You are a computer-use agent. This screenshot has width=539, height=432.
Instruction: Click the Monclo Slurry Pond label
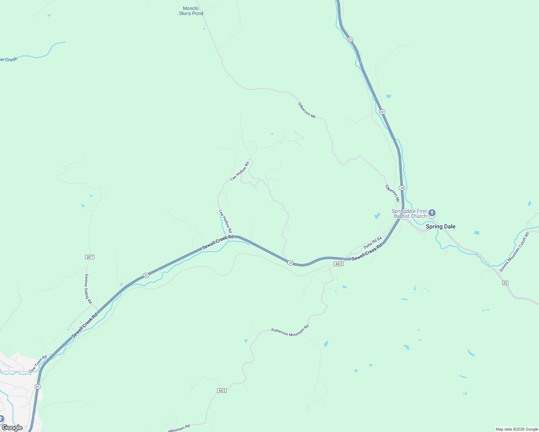[x=191, y=11]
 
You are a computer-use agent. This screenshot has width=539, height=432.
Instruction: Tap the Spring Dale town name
[x=440, y=226]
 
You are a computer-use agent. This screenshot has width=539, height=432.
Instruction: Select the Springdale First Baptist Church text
[x=409, y=214]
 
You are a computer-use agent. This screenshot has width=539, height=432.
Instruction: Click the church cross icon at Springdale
[x=432, y=213]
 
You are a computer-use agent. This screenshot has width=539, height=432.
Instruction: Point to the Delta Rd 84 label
[x=373, y=242]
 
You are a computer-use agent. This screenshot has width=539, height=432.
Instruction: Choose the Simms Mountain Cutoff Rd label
[x=514, y=252]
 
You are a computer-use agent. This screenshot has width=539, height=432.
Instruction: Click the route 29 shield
[x=505, y=283]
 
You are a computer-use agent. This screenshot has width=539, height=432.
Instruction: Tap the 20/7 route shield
[x=90, y=257]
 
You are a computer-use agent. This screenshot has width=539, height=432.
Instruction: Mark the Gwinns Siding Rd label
[x=88, y=289]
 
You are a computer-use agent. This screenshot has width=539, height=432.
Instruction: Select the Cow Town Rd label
[x=38, y=364]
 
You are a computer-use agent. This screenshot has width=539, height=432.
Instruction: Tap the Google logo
[x=12, y=428]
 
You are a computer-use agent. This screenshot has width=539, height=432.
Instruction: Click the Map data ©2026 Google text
[x=516, y=429]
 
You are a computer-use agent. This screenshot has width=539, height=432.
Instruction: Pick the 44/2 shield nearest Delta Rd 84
[x=338, y=264]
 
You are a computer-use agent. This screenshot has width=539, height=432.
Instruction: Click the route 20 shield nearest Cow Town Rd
[x=37, y=386]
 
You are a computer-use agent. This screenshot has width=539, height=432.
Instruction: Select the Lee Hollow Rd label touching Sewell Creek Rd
[x=226, y=221]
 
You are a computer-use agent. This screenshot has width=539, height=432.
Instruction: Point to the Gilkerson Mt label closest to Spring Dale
[x=392, y=193]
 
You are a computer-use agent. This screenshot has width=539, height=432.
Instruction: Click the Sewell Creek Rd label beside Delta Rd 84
[x=367, y=253]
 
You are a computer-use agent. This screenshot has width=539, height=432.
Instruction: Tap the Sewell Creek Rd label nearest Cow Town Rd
[x=85, y=326]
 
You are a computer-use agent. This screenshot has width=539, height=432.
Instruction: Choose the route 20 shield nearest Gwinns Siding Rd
[x=146, y=275]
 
